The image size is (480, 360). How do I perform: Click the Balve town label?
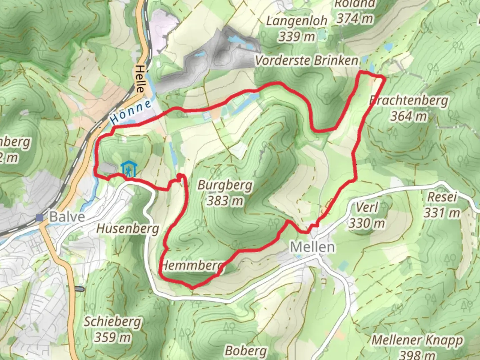click(67, 217)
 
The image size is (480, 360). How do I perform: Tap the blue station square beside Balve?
click(40, 218)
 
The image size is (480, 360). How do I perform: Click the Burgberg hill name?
click(225, 185)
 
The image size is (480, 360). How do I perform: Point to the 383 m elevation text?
click(225, 201)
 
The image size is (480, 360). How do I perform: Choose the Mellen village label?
click(312, 247)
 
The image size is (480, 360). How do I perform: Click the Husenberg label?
click(128, 229)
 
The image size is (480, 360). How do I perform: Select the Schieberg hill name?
click(112, 322)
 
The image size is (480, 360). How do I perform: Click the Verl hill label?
click(367, 207)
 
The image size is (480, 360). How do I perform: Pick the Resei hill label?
click(442, 197)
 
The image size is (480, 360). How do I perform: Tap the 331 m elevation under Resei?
click(442, 213)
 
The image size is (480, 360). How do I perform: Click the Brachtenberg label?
click(409, 100)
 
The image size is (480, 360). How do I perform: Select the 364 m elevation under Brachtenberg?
click(409, 116)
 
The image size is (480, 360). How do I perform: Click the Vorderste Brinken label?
click(307, 61)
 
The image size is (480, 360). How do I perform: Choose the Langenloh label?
click(297, 21)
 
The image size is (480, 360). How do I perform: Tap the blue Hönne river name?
click(131, 112)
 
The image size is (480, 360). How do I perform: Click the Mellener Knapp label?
click(417, 340)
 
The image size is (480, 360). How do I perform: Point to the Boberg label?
click(246, 351)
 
